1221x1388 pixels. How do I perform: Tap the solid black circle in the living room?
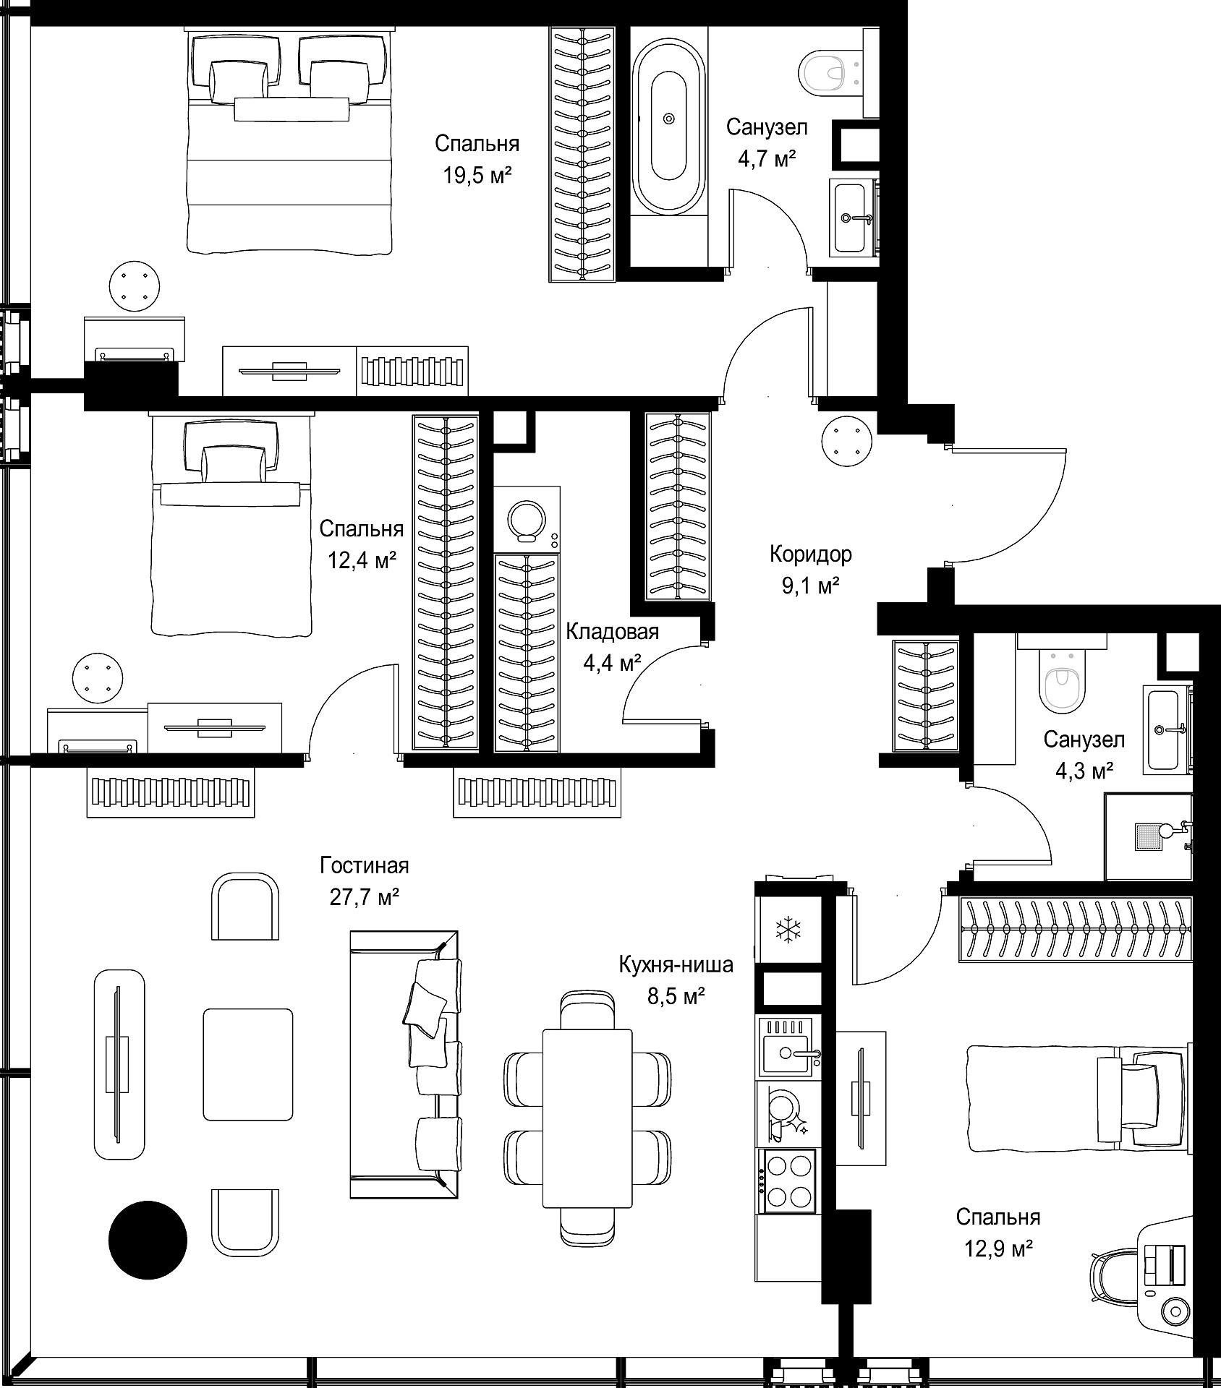(x=148, y=1240)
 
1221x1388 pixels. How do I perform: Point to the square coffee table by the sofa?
(x=248, y=1065)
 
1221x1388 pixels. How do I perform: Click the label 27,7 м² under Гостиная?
(x=365, y=898)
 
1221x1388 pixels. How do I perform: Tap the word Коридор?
(x=810, y=554)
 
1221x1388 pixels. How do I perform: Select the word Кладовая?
(x=612, y=632)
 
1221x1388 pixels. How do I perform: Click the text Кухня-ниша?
(x=676, y=965)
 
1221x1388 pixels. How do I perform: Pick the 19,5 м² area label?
(x=477, y=176)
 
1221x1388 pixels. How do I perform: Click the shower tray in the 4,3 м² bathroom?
(x=1148, y=836)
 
